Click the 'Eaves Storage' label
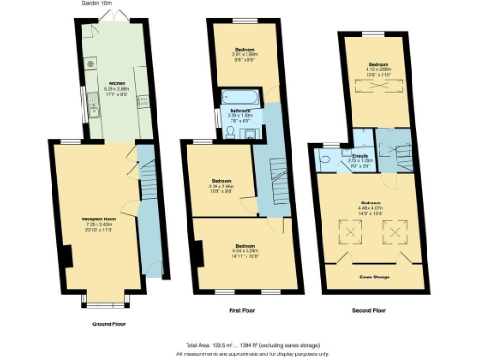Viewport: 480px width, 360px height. coord(374,277)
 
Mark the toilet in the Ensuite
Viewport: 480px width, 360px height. coord(324,160)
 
